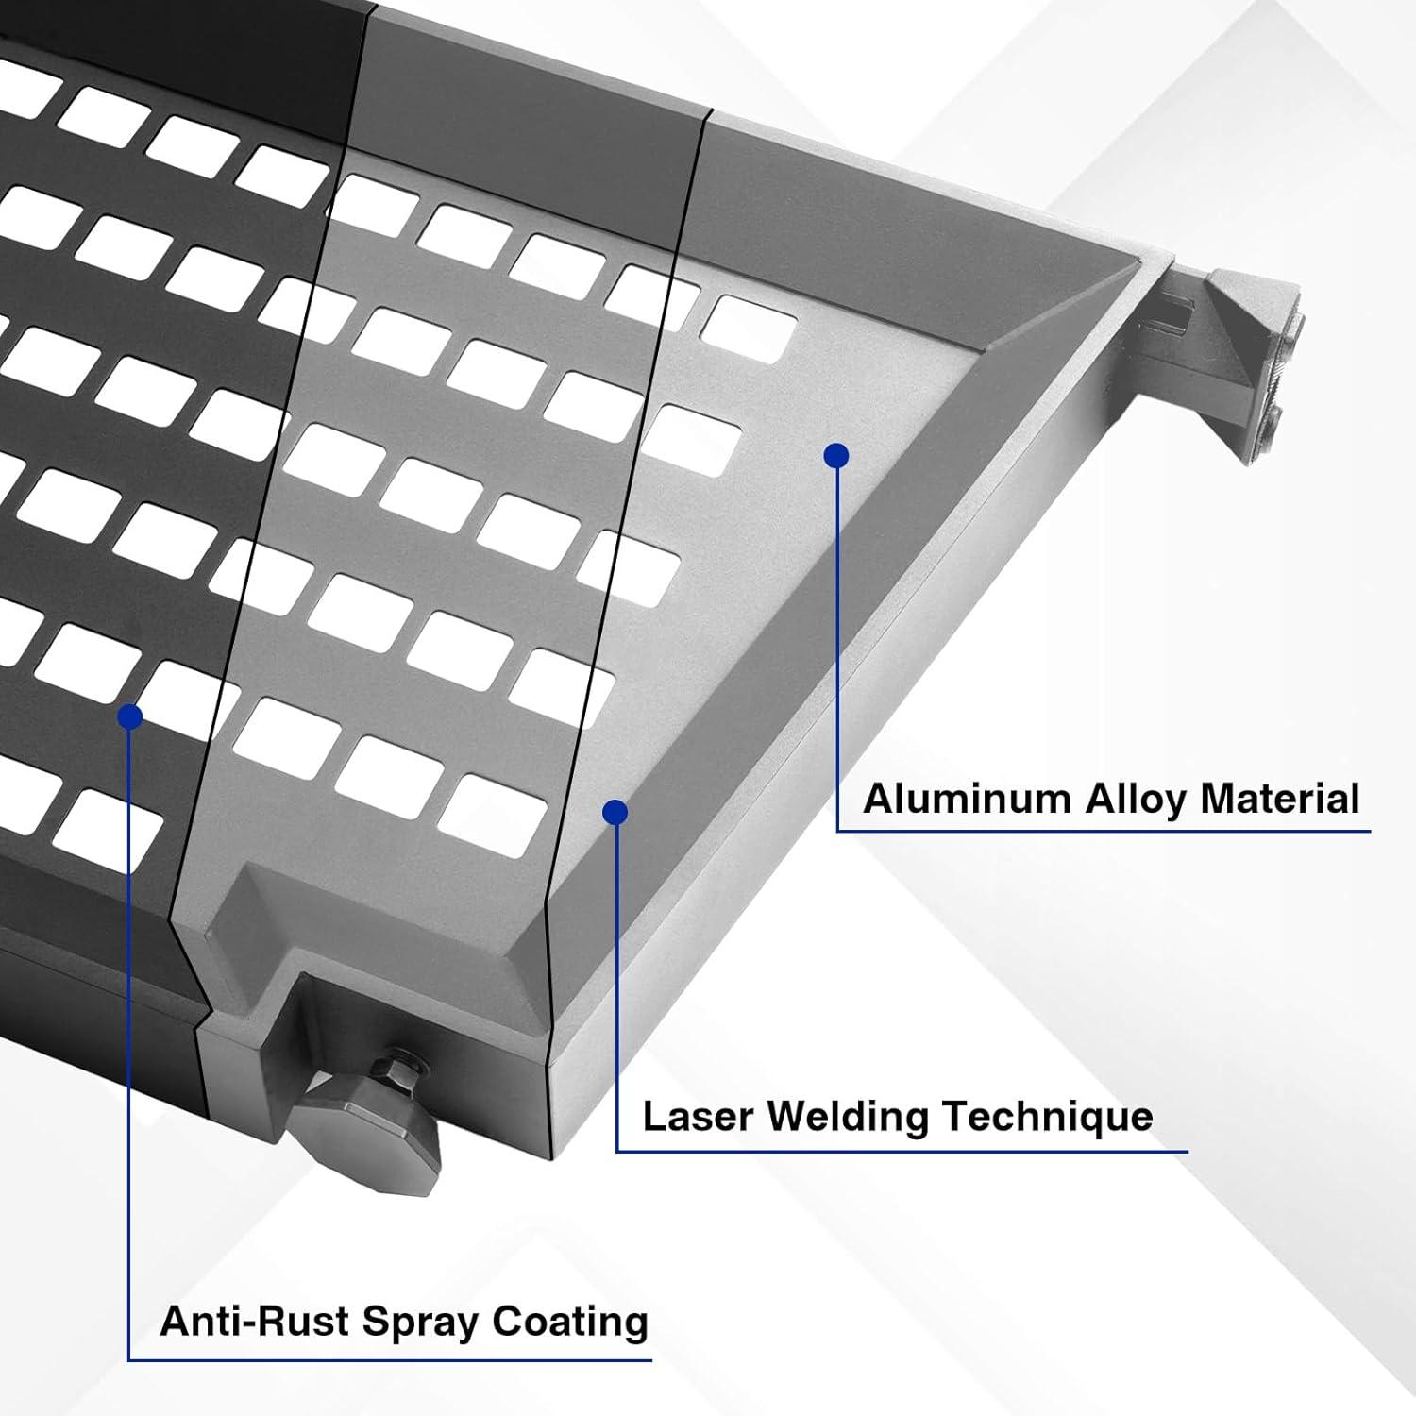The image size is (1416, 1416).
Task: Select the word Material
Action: coord(1279,799)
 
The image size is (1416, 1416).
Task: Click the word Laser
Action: coord(698,1117)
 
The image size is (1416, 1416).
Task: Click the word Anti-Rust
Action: coord(255,1321)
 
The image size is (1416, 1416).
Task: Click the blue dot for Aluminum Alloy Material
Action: coord(836,456)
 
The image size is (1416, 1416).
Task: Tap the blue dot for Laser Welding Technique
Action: coord(615,812)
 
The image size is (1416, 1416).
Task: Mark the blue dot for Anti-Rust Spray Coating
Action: coord(130,717)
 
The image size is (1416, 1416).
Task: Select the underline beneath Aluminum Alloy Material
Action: coord(1104,831)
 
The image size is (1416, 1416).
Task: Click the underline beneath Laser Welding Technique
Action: coord(902,1151)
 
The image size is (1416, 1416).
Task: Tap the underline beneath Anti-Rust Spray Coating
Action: coord(389,1360)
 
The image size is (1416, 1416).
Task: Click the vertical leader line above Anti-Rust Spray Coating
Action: coord(128,1038)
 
